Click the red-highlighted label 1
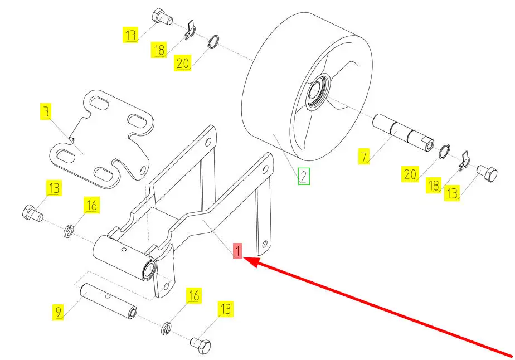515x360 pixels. [x=237, y=251]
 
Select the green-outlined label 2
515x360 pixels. [x=304, y=176]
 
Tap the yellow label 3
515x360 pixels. [x=46, y=111]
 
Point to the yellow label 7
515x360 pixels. [x=364, y=155]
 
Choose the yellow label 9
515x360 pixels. [x=58, y=312]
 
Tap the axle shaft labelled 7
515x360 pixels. [x=404, y=133]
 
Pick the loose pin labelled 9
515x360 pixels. [x=109, y=301]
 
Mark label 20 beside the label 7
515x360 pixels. [x=410, y=174]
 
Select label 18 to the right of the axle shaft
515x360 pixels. [x=434, y=185]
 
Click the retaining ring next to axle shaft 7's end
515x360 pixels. [x=444, y=152]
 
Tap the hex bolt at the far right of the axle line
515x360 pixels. [x=487, y=174]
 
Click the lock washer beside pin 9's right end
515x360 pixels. [x=166, y=329]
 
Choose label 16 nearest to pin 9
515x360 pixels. [x=193, y=295]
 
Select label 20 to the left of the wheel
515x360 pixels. [x=183, y=63]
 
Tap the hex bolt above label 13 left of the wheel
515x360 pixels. [x=162, y=16]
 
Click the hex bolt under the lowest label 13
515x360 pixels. [x=200, y=345]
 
